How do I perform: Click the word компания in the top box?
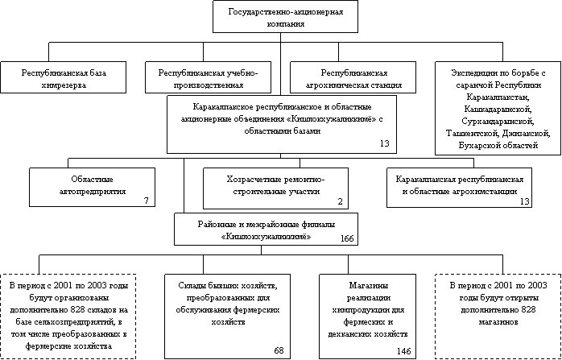(286, 24)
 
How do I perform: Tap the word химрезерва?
(64, 85)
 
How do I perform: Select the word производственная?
(209, 85)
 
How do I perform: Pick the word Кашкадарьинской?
(498, 109)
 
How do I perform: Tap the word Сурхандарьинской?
(498, 121)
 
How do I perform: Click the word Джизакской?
(526, 133)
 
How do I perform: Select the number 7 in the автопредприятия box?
(147, 201)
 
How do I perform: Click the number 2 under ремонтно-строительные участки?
(340, 202)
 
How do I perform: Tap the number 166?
(347, 239)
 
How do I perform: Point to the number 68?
(279, 350)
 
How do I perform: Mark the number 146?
(404, 351)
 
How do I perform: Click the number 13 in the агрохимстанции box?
(524, 201)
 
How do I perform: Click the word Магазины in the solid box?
(367, 285)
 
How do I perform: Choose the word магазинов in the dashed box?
(498, 322)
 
